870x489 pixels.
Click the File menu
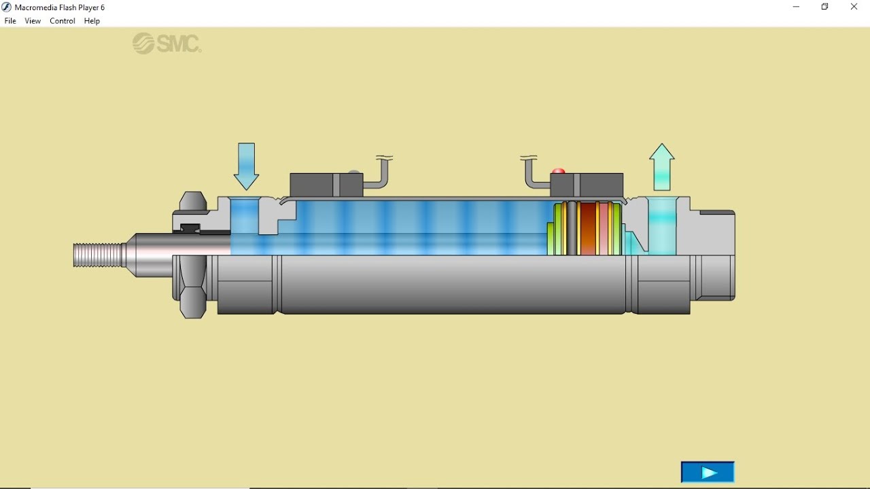coord(10,21)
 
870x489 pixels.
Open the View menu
coord(33,21)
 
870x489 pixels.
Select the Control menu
coord(63,21)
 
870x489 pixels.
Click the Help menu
coord(92,21)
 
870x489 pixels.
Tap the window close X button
coord(854,7)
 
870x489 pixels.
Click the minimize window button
coord(796,7)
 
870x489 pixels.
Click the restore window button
coord(825,7)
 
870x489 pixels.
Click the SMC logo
coord(167,43)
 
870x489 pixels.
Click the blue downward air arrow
coord(246,166)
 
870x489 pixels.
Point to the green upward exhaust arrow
coord(661,167)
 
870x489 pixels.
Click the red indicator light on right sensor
coord(558,171)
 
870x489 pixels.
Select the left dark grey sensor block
coord(326,185)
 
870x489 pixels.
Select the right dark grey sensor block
coord(587,185)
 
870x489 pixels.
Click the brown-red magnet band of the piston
coord(588,228)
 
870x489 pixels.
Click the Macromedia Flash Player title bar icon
coord(7,7)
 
